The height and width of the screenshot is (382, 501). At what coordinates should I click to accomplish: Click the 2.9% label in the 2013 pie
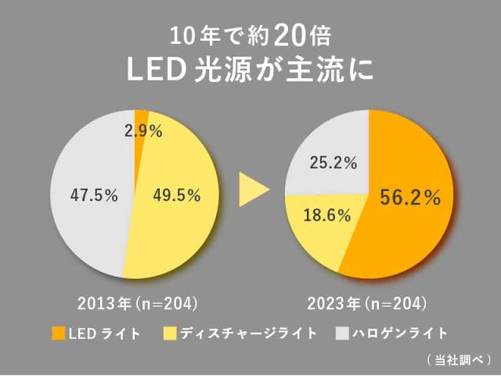coord(143,132)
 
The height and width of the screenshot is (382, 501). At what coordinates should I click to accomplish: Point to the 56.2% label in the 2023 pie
coord(410,199)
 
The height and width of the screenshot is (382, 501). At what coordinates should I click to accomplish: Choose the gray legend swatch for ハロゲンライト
coord(341,333)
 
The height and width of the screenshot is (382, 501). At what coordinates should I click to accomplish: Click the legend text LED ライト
coord(105,333)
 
